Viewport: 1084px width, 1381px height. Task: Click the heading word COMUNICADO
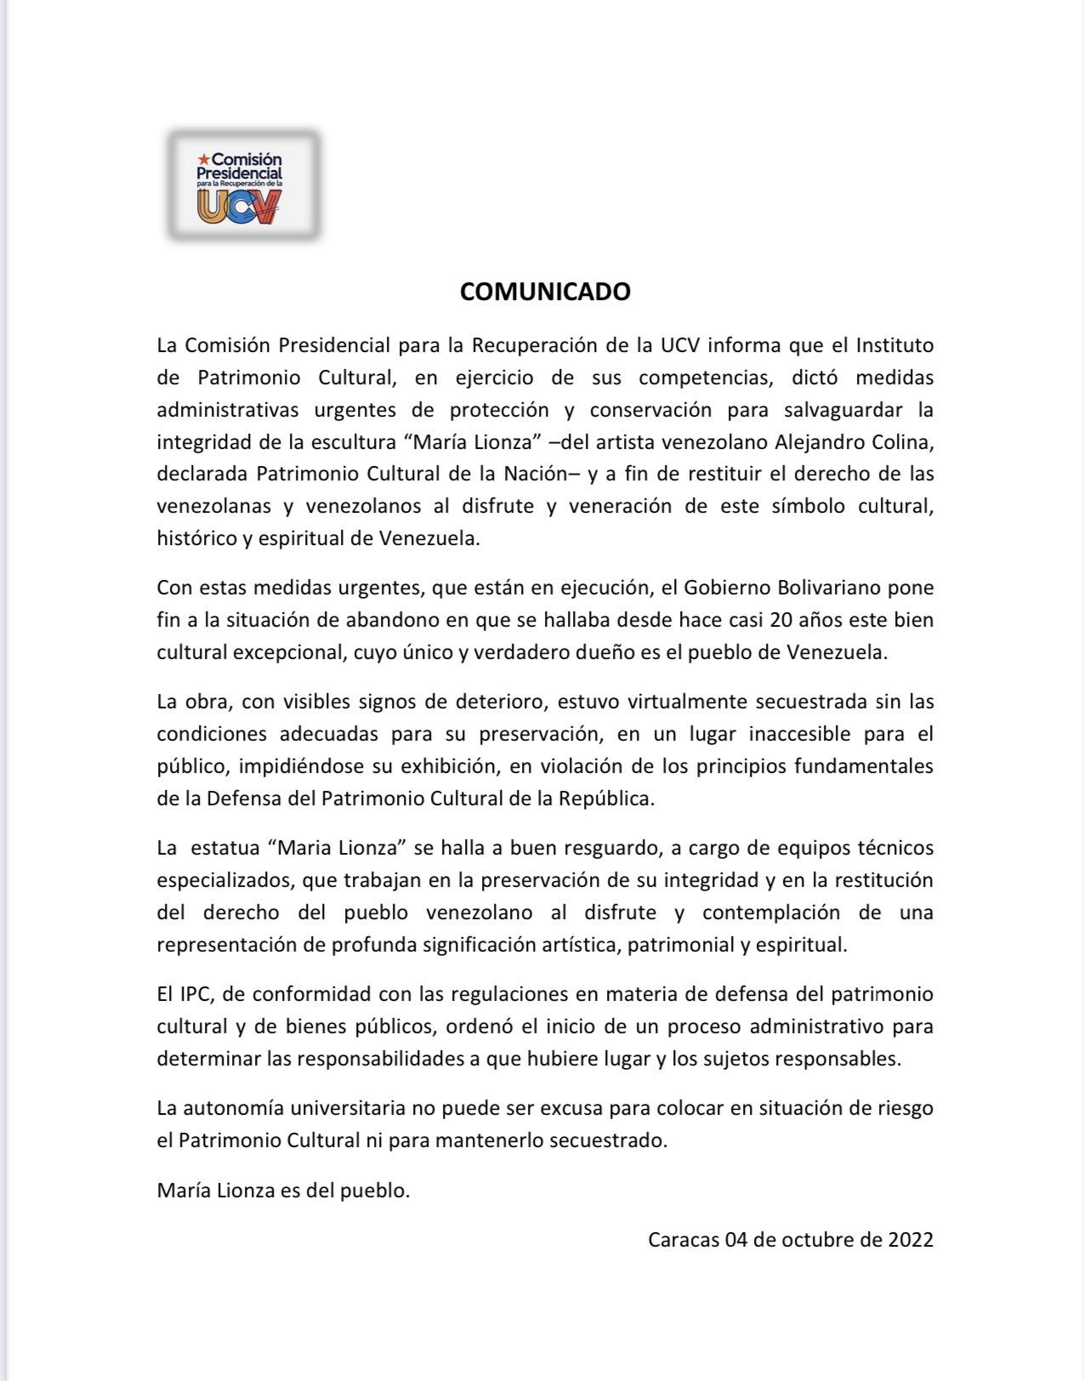(x=545, y=292)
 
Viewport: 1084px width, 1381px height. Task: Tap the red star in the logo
(x=203, y=159)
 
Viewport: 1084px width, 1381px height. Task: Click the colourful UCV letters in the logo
(x=239, y=207)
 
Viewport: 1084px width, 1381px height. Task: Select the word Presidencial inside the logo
(x=239, y=173)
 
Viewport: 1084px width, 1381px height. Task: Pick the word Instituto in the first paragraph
(x=894, y=345)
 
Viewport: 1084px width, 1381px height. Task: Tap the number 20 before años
(x=781, y=620)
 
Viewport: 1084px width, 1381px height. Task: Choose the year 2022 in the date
(x=911, y=1240)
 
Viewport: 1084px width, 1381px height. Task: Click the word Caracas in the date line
(x=683, y=1240)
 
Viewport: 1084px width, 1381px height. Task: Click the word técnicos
(x=894, y=848)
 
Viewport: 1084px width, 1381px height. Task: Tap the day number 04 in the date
(x=735, y=1240)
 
